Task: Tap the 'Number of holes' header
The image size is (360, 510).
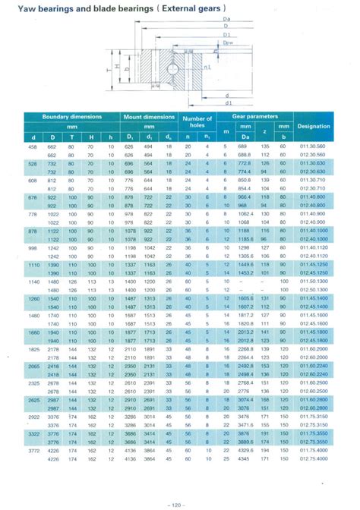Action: coord(198,121)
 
